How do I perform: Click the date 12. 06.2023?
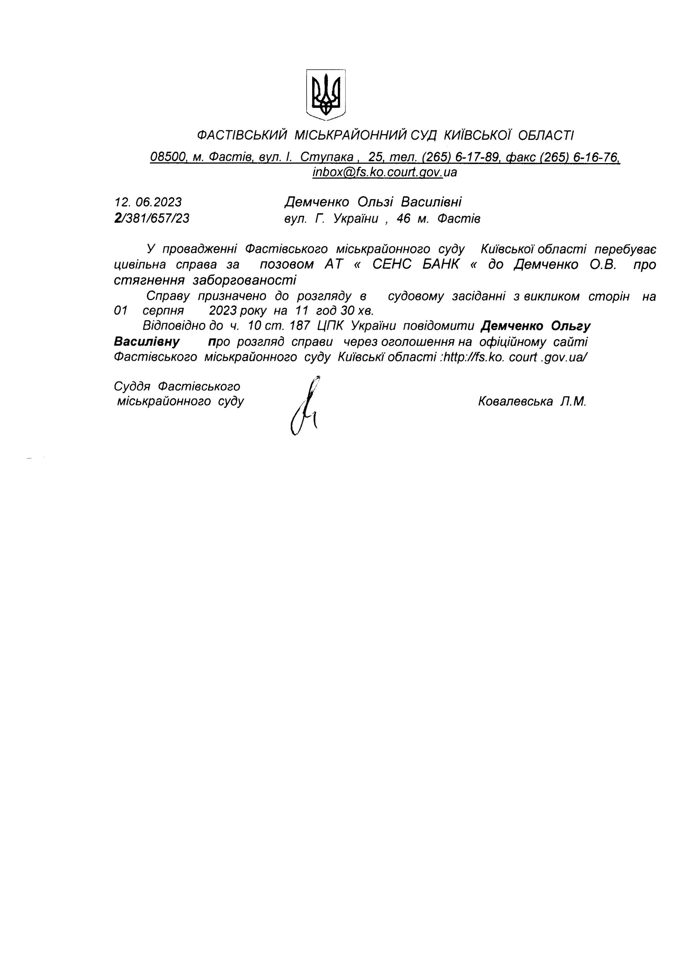point(148,202)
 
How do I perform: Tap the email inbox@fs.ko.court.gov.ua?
point(385,172)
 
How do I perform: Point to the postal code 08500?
point(168,157)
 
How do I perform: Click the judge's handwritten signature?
point(305,406)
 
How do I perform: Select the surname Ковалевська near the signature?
point(515,401)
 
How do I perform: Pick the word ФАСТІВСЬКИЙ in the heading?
point(242,136)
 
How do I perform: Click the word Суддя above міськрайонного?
point(132,386)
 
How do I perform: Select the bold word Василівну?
point(147,342)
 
